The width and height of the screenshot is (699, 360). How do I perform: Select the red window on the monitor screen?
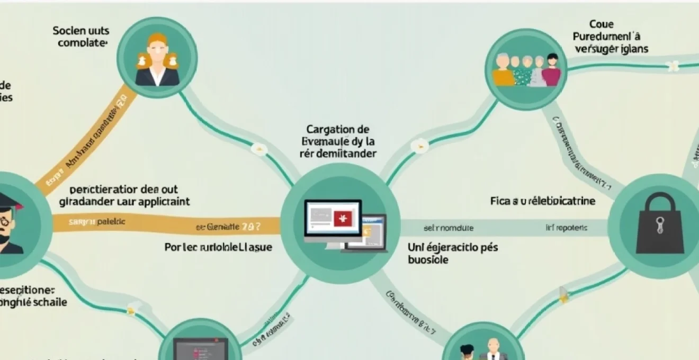click(341, 218)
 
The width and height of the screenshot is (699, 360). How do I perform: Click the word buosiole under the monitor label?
click(428, 260)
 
